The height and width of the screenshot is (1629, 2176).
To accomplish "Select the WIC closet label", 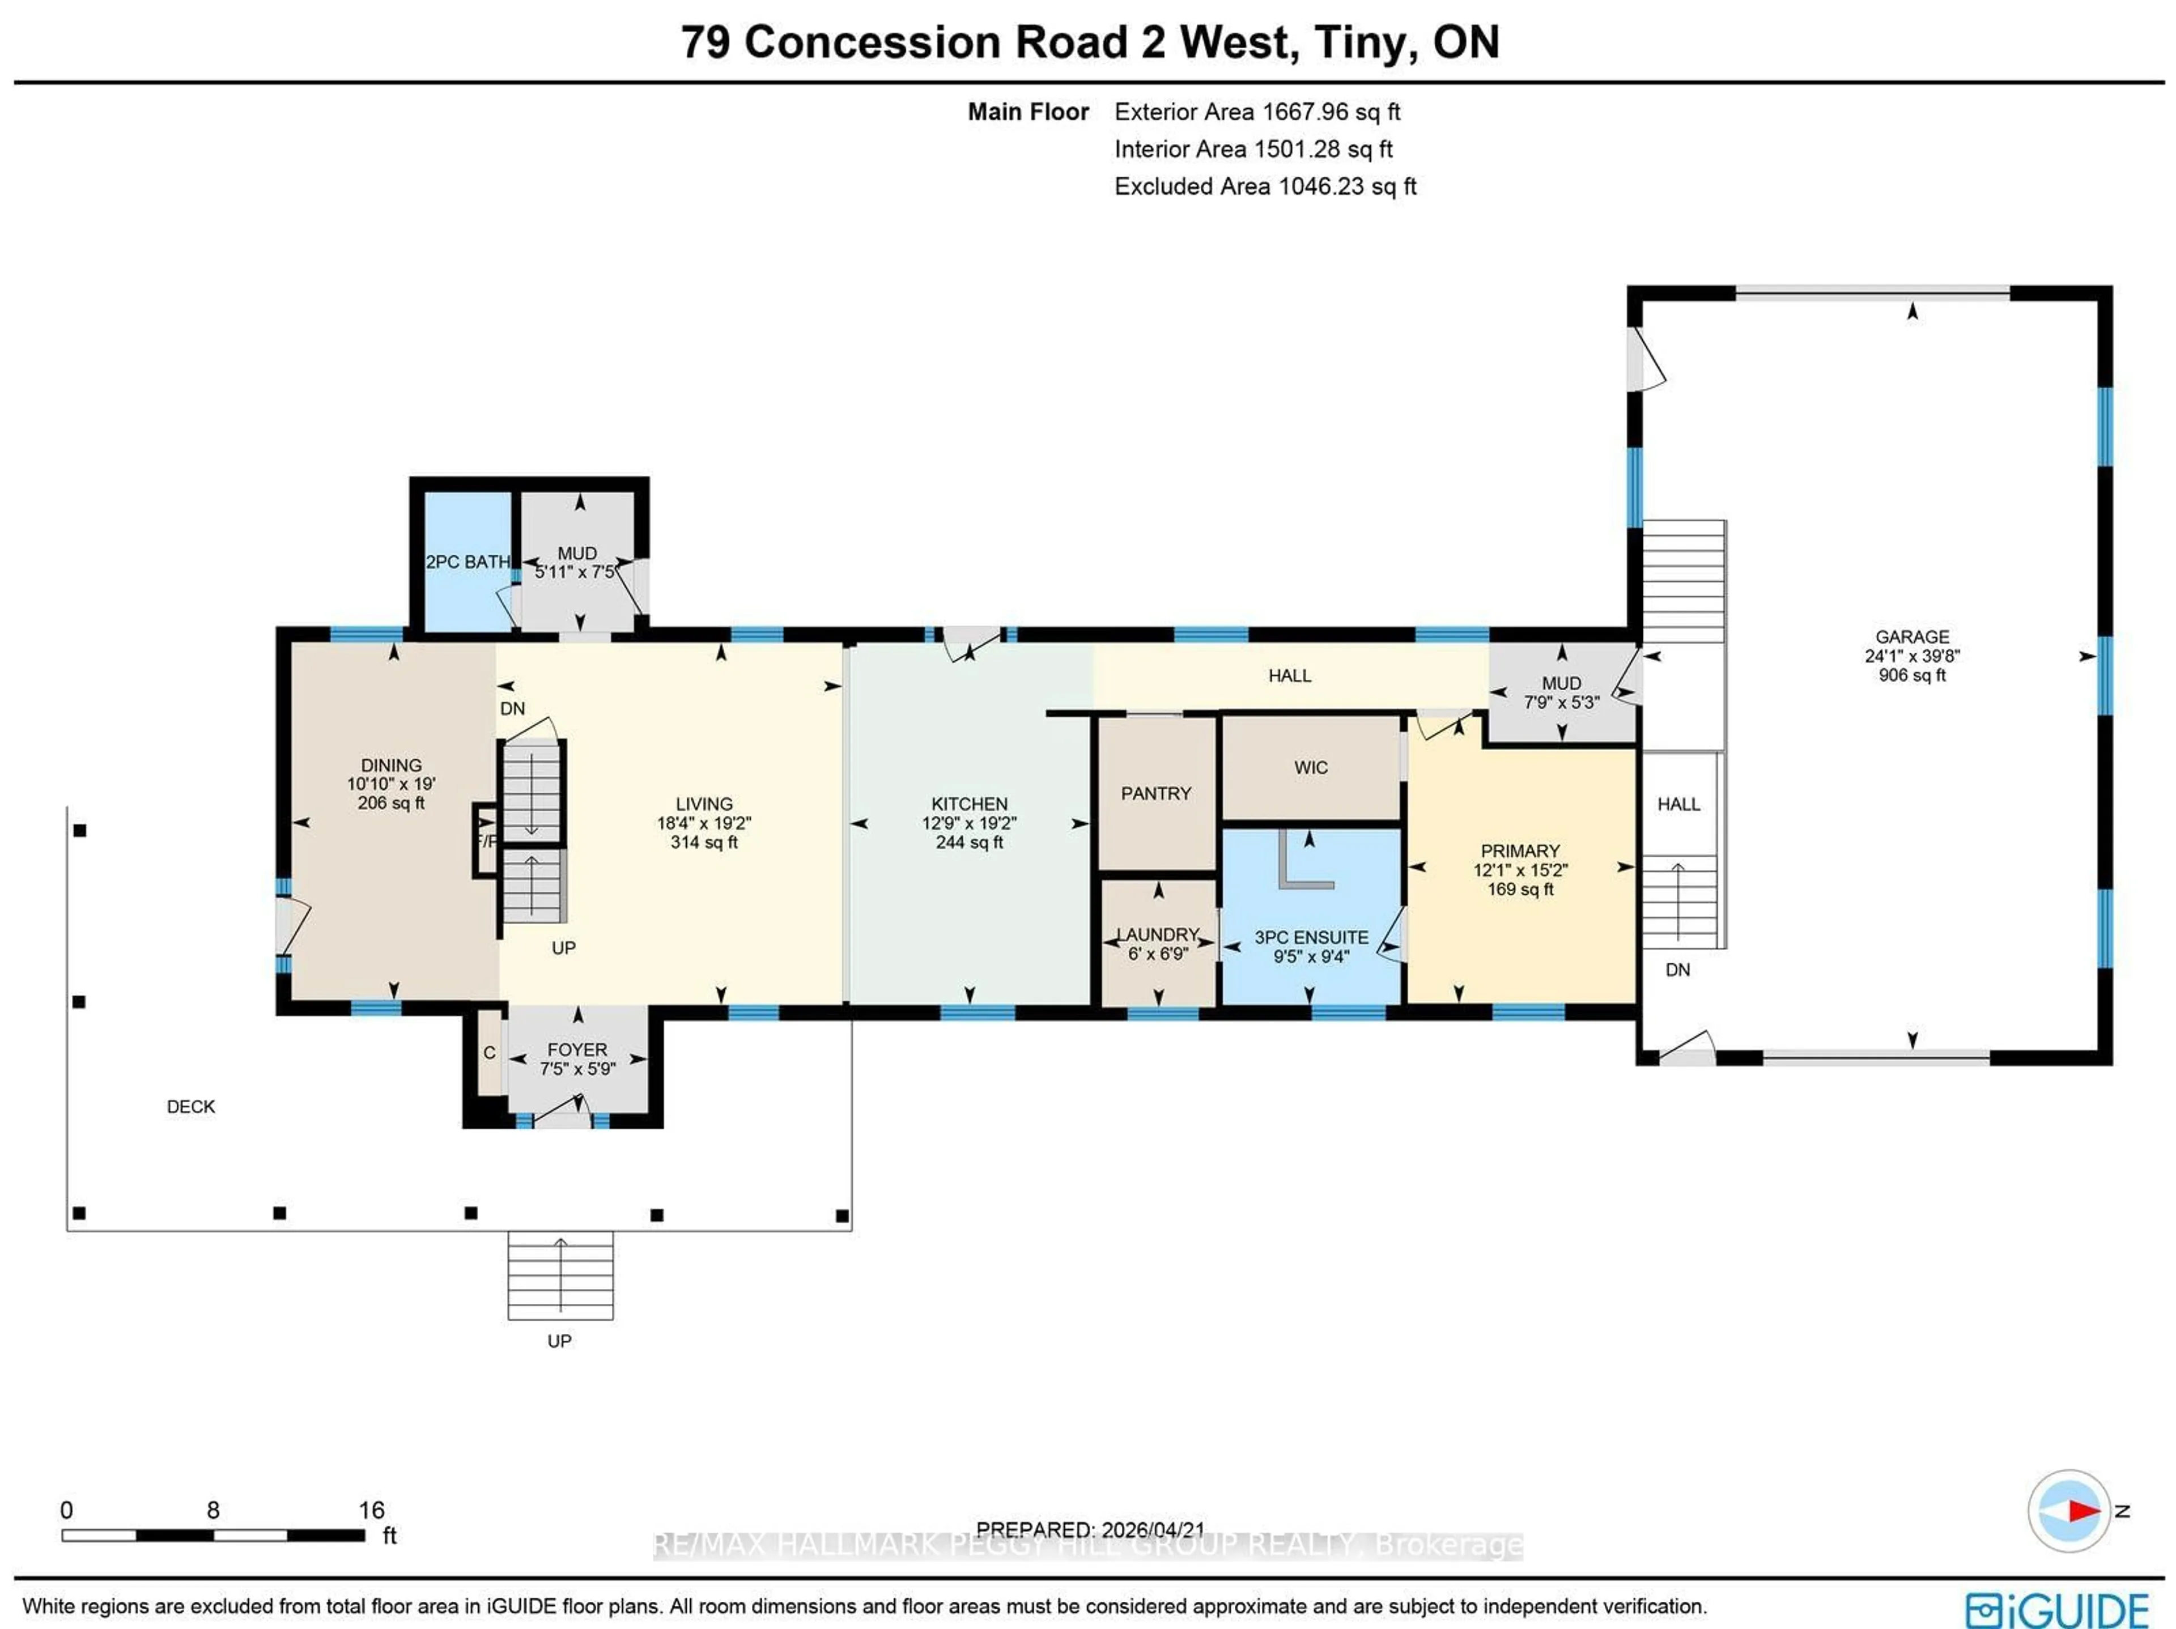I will (x=1310, y=767).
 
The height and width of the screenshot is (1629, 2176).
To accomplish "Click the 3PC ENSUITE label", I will (x=1310, y=938).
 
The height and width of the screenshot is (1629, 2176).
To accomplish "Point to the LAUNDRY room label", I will (x=1158, y=934).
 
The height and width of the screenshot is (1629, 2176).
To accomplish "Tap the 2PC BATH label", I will (x=467, y=562).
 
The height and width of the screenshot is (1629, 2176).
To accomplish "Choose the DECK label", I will (x=191, y=1107).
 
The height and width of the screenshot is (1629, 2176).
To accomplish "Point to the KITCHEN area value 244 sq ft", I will (x=969, y=842).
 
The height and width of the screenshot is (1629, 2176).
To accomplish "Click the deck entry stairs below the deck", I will (x=560, y=1275).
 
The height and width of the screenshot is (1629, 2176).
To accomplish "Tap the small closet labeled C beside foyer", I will (x=489, y=1053).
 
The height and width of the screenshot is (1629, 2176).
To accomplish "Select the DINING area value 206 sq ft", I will (x=390, y=803).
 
